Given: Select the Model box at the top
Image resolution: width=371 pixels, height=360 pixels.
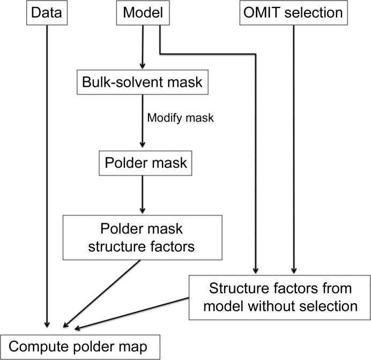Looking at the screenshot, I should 143,13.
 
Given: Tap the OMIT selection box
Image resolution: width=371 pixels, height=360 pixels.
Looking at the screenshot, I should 293,13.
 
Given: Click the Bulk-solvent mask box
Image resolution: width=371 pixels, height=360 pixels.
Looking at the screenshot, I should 142,83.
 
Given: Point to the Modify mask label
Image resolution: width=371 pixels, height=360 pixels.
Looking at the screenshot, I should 180,118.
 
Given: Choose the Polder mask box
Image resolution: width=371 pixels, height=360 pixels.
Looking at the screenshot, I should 143,162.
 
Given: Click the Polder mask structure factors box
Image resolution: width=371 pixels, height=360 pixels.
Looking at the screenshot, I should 143,237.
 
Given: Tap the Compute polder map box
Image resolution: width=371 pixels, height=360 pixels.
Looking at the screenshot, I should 80,347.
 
